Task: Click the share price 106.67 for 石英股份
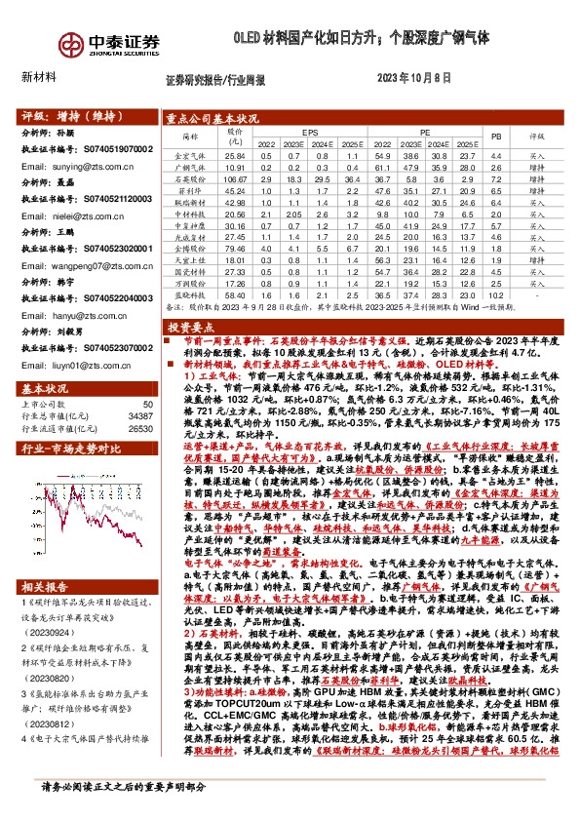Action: coord(235,179)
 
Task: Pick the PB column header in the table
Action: coord(496,136)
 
